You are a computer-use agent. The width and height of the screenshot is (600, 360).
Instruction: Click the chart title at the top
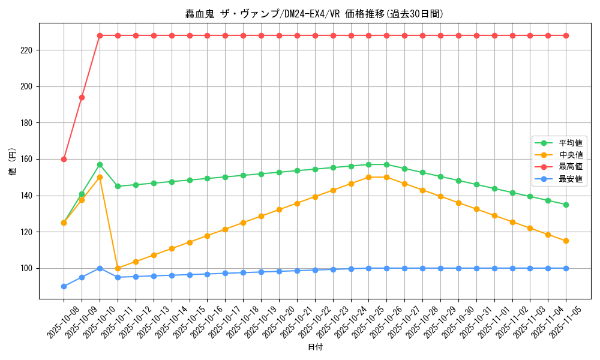coord(315,14)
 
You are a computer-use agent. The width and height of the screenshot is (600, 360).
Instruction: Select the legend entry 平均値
coord(570,143)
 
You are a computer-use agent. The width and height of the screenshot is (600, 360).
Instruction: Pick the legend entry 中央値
coord(570,155)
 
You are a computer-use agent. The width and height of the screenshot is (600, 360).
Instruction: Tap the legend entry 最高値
coord(570,167)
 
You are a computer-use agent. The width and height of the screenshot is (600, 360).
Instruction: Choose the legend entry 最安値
coord(570,179)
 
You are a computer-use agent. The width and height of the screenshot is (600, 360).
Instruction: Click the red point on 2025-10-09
coord(82,97)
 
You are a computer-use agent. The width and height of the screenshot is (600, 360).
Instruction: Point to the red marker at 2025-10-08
coord(64,159)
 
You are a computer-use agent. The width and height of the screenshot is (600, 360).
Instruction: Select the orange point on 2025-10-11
coord(118,268)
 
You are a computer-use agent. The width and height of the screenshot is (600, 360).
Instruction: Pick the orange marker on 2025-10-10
coord(100,177)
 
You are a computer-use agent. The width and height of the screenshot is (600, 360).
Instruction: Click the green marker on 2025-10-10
coord(100,164)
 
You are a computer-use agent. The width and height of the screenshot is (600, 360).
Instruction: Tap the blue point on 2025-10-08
coord(64,286)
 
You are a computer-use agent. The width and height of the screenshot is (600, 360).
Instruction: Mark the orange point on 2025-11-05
coord(566,241)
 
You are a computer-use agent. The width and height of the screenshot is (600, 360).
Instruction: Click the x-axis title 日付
coord(315,347)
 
